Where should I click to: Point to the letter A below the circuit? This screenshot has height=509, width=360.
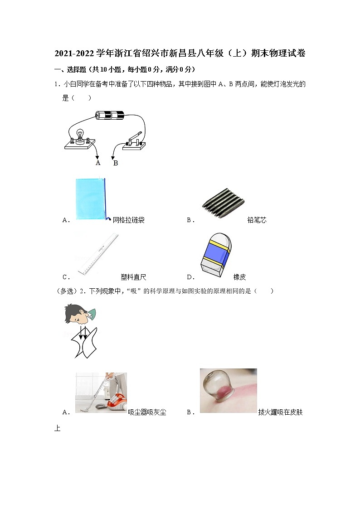tap(97, 163)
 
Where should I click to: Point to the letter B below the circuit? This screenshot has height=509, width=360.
tap(116, 163)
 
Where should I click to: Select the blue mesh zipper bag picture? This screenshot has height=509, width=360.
tap(91, 199)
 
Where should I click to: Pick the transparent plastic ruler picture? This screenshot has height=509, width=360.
tap(97, 254)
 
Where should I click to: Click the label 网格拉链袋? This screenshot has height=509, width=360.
tap(128, 220)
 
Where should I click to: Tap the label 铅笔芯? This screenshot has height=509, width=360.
tap(257, 220)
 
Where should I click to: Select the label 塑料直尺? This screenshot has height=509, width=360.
tap(133, 277)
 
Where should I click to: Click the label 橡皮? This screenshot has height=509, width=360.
tap(239, 277)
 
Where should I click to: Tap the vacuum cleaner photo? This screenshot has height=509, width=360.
tap(101, 392)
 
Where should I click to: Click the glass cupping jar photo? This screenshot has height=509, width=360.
tap(228, 390)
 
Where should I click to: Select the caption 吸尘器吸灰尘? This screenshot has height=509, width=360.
tap(147, 412)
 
